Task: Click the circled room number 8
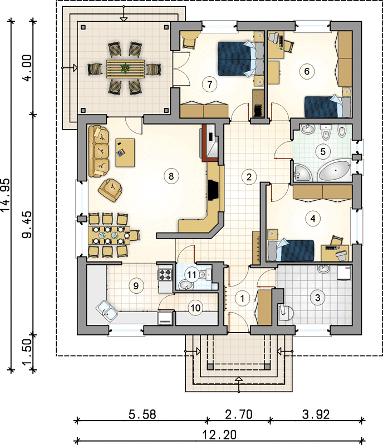(171, 176)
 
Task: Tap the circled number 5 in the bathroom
(323, 151)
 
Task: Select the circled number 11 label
(192, 275)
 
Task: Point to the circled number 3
(317, 298)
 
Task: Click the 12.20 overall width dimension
(219, 434)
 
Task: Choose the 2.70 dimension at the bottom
(239, 414)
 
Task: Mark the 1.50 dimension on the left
(28, 352)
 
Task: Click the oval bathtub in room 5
(335, 171)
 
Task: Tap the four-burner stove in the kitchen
(165, 274)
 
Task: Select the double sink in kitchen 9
(107, 311)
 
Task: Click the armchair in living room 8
(110, 190)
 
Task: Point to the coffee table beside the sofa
(125, 152)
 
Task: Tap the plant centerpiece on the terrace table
(125, 68)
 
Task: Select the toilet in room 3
(286, 312)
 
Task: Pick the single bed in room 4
(291, 250)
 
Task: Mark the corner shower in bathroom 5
(303, 172)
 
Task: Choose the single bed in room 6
(327, 107)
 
